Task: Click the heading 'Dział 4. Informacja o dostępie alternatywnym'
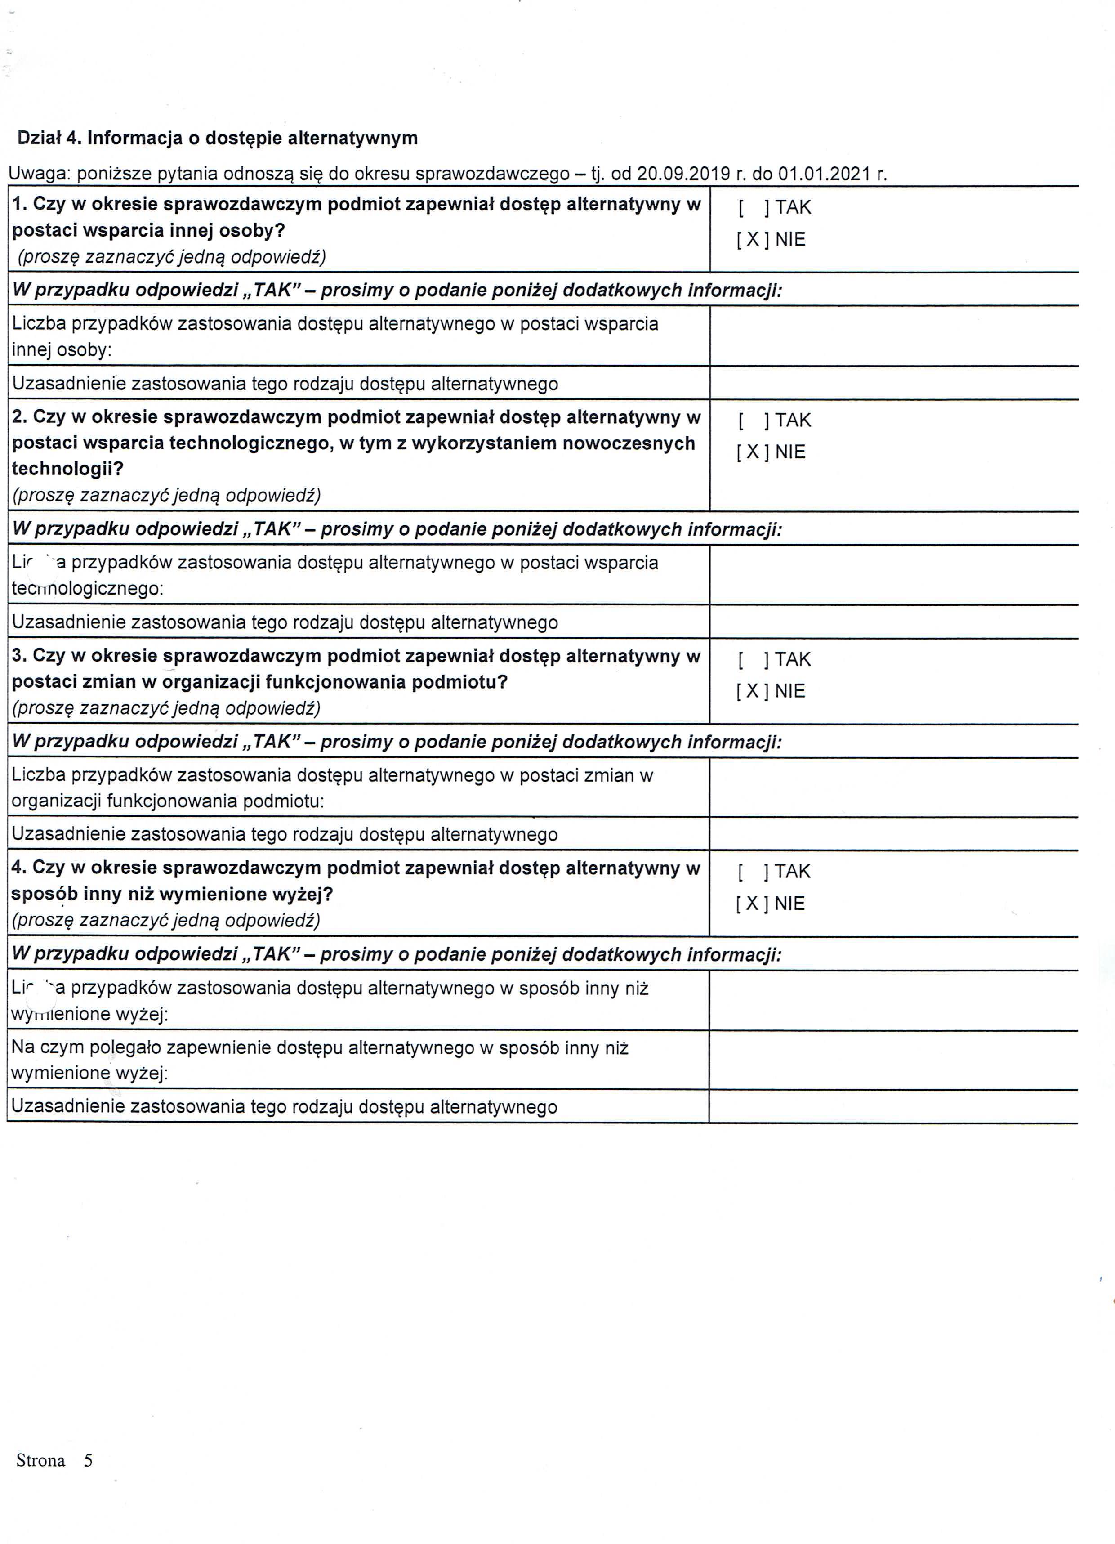click(217, 138)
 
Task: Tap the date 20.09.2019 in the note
click(683, 174)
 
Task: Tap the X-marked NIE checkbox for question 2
click(753, 452)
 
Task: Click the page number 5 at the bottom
click(88, 1460)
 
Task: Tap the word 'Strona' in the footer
click(41, 1460)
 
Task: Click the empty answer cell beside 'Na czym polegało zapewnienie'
click(893, 1060)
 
